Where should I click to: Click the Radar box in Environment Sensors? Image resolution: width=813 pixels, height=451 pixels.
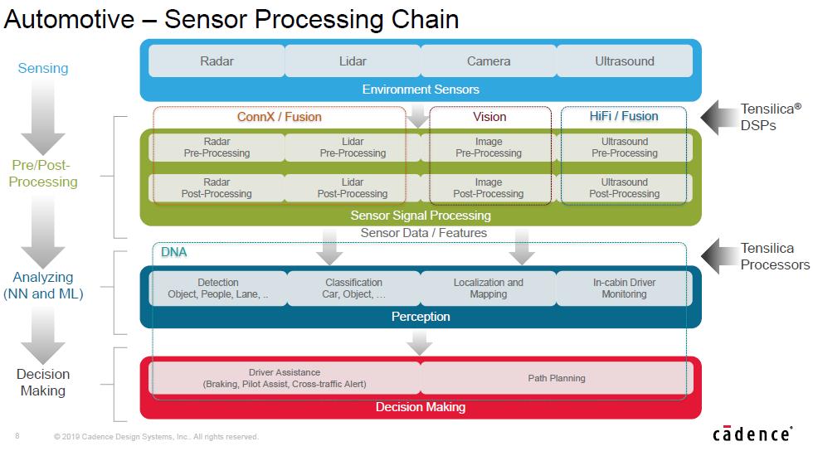(217, 61)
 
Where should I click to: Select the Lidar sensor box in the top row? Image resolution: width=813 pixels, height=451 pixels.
(353, 61)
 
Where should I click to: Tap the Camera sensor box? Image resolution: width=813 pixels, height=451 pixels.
(489, 61)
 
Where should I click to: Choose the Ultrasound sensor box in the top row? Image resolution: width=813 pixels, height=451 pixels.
(624, 61)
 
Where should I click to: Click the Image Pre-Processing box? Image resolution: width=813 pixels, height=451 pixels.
(489, 148)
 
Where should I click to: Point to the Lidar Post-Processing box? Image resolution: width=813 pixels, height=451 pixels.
(353, 187)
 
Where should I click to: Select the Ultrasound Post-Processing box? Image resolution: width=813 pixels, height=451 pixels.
(624, 187)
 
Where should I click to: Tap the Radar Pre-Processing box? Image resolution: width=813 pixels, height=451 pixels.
(217, 148)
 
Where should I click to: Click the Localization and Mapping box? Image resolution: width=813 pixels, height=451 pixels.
(489, 289)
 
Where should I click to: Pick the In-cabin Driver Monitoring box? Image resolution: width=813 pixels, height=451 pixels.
(624, 289)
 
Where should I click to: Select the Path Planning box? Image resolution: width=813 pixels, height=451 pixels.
(557, 378)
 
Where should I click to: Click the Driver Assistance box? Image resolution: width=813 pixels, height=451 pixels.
(285, 378)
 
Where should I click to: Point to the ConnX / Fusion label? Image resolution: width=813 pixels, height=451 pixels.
(280, 117)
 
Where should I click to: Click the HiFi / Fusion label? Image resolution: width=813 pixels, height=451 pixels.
(624, 116)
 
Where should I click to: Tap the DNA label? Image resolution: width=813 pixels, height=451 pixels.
(173, 252)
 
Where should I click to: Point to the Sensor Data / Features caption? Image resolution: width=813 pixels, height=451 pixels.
(424, 233)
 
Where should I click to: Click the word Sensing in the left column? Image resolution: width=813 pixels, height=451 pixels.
(43, 69)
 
